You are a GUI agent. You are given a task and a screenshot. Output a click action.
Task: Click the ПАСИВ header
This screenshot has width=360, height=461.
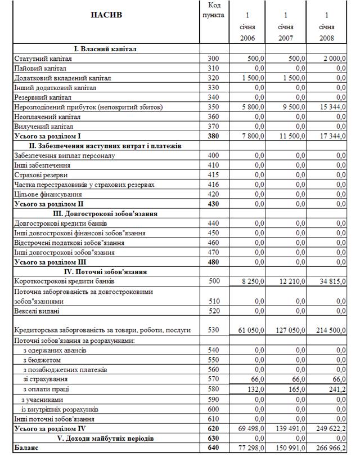pos(106,15)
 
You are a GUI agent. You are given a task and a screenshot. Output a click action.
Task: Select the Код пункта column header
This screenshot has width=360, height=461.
pos(213,10)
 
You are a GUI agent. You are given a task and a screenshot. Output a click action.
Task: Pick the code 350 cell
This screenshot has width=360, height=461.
pos(213,107)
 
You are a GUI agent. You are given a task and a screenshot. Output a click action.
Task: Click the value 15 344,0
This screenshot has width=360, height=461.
pos(332,107)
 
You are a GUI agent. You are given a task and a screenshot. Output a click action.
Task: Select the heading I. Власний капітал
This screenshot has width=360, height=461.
pos(106,49)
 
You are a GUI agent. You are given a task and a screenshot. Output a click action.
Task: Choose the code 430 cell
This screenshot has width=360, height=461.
pos(213,204)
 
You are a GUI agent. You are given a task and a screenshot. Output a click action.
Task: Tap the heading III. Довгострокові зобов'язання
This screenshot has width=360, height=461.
pos(106,214)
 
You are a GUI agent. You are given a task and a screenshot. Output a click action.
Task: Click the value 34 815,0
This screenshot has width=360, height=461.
pos(332,281)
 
